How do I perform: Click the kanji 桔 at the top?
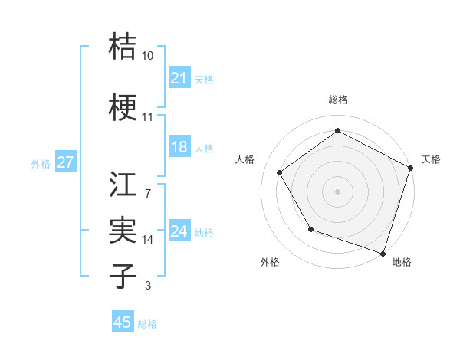(x=123, y=46)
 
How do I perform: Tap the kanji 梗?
(x=123, y=107)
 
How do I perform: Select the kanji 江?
(x=123, y=185)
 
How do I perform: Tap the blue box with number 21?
(x=179, y=78)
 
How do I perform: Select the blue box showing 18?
(x=179, y=148)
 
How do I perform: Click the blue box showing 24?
(x=179, y=231)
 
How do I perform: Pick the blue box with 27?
(x=65, y=162)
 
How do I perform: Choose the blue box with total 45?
(x=123, y=322)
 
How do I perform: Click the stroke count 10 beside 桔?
(x=148, y=57)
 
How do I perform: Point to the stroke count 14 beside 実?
(x=148, y=240)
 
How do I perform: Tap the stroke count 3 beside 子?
(x=147, y=286)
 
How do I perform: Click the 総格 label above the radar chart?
(x=337, y=100)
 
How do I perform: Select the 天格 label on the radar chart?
(x=432, y=159)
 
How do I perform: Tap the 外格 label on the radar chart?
(x=270, y=263)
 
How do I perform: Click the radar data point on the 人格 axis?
(x=280, y=173)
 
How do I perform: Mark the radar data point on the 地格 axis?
(x=383, y=253)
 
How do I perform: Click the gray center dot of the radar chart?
(x=337, y=191)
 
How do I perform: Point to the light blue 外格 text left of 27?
(x=40, y=163)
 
